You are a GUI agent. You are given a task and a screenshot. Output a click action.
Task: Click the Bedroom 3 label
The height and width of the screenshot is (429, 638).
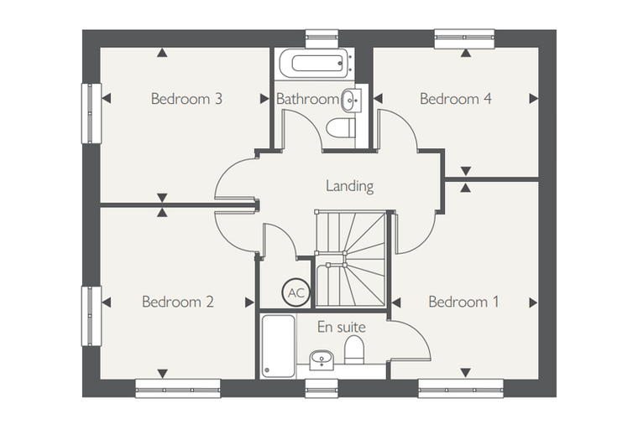[186, 99]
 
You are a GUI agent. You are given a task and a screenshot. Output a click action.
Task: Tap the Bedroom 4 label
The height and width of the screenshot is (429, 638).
[455, 99]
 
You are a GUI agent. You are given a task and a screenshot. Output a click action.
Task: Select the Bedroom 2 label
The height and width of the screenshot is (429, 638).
[177, 302]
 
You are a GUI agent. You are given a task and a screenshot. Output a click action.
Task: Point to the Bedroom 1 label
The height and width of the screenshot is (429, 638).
[463, 302]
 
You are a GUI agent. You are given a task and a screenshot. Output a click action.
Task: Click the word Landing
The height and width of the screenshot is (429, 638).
[349, 186]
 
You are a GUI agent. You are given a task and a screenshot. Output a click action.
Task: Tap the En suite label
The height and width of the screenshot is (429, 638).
[342, 327]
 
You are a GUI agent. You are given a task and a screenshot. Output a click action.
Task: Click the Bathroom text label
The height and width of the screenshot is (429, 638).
[307, 99]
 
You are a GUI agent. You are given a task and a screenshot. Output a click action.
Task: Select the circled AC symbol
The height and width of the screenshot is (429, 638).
[296, 292]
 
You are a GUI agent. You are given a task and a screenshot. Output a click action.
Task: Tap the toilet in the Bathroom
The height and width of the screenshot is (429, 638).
[341, 128]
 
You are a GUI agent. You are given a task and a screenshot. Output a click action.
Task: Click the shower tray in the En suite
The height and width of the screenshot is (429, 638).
[279, 346]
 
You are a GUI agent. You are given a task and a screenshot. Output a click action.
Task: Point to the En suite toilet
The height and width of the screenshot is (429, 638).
[354, 349]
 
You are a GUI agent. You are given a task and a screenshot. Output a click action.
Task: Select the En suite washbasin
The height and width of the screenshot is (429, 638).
[322, 360]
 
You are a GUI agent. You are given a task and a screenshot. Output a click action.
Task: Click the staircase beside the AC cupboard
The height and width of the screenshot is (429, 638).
[350, 259]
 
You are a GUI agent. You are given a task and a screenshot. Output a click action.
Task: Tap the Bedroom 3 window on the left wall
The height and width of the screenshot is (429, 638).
[92, 113]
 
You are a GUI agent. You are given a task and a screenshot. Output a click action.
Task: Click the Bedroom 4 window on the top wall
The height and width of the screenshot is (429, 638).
[465, 39]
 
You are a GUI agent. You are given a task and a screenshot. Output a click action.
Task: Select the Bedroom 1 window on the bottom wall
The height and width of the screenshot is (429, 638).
[461, 389]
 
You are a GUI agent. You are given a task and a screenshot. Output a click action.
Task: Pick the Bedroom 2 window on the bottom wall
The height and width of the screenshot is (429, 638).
[178, 389]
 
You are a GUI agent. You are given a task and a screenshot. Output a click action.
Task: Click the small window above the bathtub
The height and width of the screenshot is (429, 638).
[322, 39]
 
